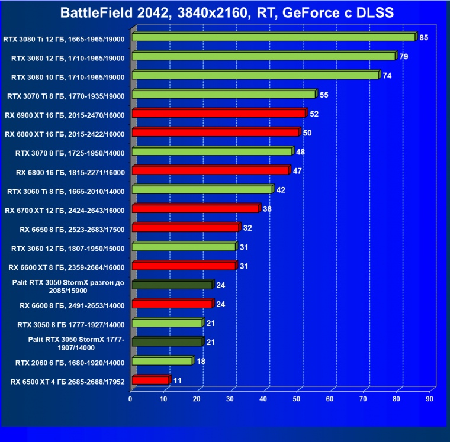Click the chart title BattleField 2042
tap(226, 13)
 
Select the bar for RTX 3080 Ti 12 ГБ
tap(274, 37)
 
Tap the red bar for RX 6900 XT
tap(219, 114)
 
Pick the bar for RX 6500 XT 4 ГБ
tap(150, 380)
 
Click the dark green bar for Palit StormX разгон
tap(172, 285)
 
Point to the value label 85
tap(423, 37)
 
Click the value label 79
tap(404, 57)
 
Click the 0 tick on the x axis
tap(130, 399)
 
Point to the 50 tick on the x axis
tap(297, 399)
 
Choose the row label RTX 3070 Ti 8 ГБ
tap(65, 95)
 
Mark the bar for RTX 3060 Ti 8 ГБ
tap(202, 190)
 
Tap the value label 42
tap(281, 190)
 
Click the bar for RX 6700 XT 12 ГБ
tap(195, 209)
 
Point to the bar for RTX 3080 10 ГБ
tap(255, 76)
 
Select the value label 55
tap(324, 95)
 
